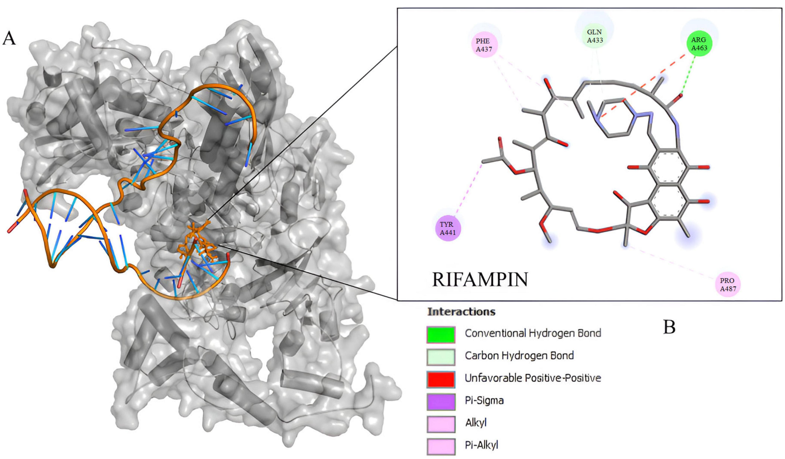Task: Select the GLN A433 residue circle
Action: (x=595, y=36)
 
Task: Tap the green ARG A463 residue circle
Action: (x=699, y=44)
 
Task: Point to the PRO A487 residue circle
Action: (x=728, y=284)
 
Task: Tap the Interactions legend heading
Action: (x=461, y=312)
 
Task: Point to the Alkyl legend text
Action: (x=476, y=423)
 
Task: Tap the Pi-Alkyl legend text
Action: (x=481, y=445)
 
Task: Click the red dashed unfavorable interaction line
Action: (x=648, y=84)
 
